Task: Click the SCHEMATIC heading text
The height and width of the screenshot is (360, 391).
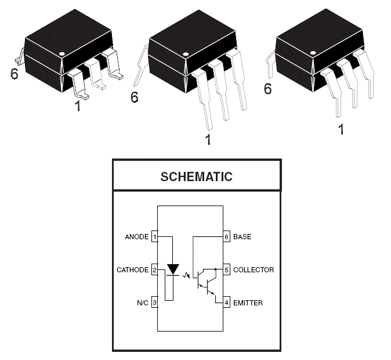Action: tap(197, 177)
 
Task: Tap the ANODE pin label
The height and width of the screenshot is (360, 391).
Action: tap(137, 237)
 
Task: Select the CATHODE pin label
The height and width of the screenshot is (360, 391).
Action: tap(133, 270)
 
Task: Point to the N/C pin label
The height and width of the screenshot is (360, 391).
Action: tap(143, 303)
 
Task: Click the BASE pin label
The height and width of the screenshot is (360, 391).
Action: tap(242, 237)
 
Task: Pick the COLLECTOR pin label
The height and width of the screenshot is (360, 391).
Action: tap(254, 270)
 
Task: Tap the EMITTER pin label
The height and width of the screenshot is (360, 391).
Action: tap(248, 303)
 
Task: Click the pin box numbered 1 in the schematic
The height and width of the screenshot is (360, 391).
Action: tap(155, 236)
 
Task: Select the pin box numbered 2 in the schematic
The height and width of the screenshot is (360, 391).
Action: tap(155, 269)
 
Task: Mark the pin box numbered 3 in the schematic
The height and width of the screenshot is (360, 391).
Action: tap(155, 303)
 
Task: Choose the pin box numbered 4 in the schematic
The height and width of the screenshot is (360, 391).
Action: tap(226, 303)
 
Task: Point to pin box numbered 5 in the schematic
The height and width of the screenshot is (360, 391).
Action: tap(226, 269)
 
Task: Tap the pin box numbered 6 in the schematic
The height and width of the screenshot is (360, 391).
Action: tap(226, 236)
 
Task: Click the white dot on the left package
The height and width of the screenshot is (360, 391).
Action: tap(62, 53)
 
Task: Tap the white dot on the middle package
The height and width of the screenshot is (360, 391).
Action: tap(186, 54)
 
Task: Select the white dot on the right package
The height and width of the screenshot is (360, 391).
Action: tap(313, 53)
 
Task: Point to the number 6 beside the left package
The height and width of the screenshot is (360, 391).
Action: tap(15, 74)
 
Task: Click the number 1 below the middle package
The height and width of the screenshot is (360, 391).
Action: tap(208, 140)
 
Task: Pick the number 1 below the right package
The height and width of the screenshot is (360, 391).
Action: tap(341, 129)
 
